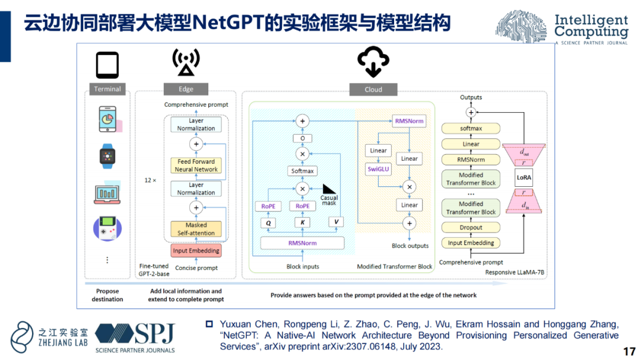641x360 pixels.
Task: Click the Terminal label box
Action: tap(107, 89)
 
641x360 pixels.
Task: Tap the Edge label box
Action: tap(186, 89)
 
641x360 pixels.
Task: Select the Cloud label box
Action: tap(373, 90)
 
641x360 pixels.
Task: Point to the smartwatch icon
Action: tap(107, 157)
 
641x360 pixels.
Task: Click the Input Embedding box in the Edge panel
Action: tap(196, 250)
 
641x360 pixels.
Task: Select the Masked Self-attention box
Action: tap(196, 228)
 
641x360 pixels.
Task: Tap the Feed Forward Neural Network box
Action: tap(196, 165)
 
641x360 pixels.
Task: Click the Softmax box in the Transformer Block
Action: tap(302, 171)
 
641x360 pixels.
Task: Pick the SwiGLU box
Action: tap(378, 169)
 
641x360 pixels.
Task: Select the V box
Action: tap(336, 222)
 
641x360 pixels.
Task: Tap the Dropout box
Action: tap(471, 227)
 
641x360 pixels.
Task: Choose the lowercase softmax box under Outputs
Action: tap(471, 128)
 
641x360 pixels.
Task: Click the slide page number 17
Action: tap(629, 351)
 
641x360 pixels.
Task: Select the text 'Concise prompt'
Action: tap(196, 268)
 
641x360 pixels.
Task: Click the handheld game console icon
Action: tap(107, 228)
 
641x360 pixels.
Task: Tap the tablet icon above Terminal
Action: tap(107, 65)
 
